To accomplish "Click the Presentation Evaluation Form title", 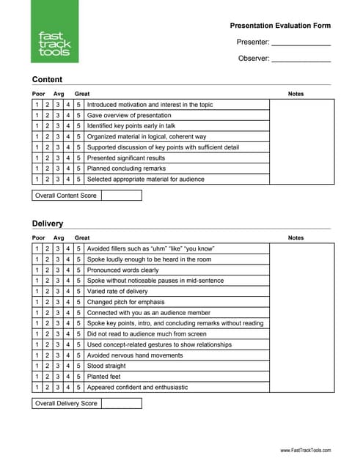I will click(x=280, y=26).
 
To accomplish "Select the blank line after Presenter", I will click(x=301, y=43).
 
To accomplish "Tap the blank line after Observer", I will click(x=301, y=59).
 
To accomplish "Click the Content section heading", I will click(x=47, y=80).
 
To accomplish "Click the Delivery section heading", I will click(x=48, y=224).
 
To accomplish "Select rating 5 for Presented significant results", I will click(x=78, y=158).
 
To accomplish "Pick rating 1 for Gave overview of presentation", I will click(x=37, y=116).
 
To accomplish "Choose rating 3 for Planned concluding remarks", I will click(x=58, y=169).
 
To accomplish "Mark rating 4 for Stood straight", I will click(x=68, y=366).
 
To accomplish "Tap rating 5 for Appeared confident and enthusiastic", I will click(x=78, y=387).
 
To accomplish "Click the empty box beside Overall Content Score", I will click(x=121, y=196).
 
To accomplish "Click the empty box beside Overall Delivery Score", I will click(x=121, y=403).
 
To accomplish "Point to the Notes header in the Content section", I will click(x=296, y=94).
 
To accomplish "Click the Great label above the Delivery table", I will click(x=82, y=237).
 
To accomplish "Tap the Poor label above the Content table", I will click(x=39, y=94).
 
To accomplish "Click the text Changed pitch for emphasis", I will click(x=126, y=302).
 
